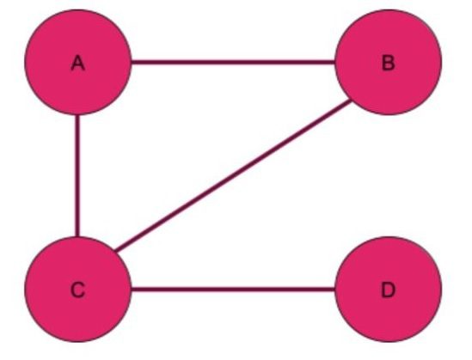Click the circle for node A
(78, 62)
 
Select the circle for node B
(389, 62)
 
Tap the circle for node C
(78, 290)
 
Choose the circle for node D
(389, 290)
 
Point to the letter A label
(78, 64)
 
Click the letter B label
(389, 64)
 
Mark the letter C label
(78, 290)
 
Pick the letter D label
(389, 290)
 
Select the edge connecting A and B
(233, 62)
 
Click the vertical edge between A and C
(77, 175)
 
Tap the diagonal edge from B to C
(234, 175)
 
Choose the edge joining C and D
(233, 290)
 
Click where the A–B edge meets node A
(132, 62)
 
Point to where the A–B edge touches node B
(335, 62)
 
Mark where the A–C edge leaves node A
(77, 115)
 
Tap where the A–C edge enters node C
(77, 236)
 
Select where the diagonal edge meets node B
(352, 101)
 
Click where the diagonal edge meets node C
(115, 251)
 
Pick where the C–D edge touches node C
(132, 290)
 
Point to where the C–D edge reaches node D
(335, 290)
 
